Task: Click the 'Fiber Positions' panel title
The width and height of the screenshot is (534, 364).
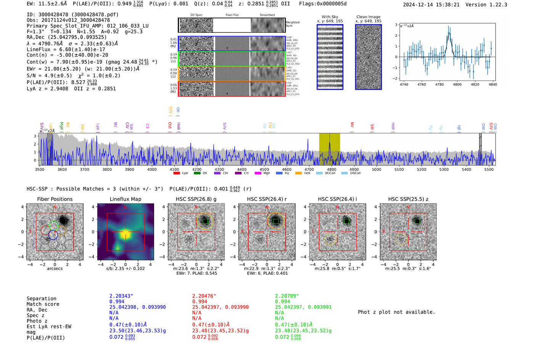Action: point(55,199)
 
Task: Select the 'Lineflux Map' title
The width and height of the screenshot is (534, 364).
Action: point(125,199)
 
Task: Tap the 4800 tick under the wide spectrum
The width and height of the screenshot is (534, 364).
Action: point(331,169)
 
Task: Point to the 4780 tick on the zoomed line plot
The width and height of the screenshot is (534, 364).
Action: point(439,84)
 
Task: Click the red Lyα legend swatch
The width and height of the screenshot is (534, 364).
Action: point(177,173)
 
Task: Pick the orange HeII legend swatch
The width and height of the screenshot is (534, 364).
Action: point(298,173)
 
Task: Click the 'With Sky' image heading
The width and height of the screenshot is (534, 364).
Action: point(330,17)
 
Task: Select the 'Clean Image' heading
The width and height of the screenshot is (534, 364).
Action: point(368,17)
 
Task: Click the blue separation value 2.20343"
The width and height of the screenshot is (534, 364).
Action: point(121,296)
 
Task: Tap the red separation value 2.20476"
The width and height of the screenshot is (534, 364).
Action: point(204,296)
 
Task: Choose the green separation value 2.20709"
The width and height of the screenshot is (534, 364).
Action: point(286,296)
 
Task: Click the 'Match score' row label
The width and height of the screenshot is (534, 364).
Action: point(43,304)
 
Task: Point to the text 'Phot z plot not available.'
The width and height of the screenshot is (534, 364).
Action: point(396,312)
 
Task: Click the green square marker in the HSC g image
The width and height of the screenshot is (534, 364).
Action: point(205,221)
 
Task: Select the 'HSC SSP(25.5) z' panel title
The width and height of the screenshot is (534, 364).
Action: point(408,199)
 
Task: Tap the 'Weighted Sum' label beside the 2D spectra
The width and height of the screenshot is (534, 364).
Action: point(292,24)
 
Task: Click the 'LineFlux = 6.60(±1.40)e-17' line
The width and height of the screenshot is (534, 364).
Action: point(66,49)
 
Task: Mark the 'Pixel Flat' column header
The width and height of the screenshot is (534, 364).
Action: point(232,15)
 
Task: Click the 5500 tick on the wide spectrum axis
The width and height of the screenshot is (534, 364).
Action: point(489,169)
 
